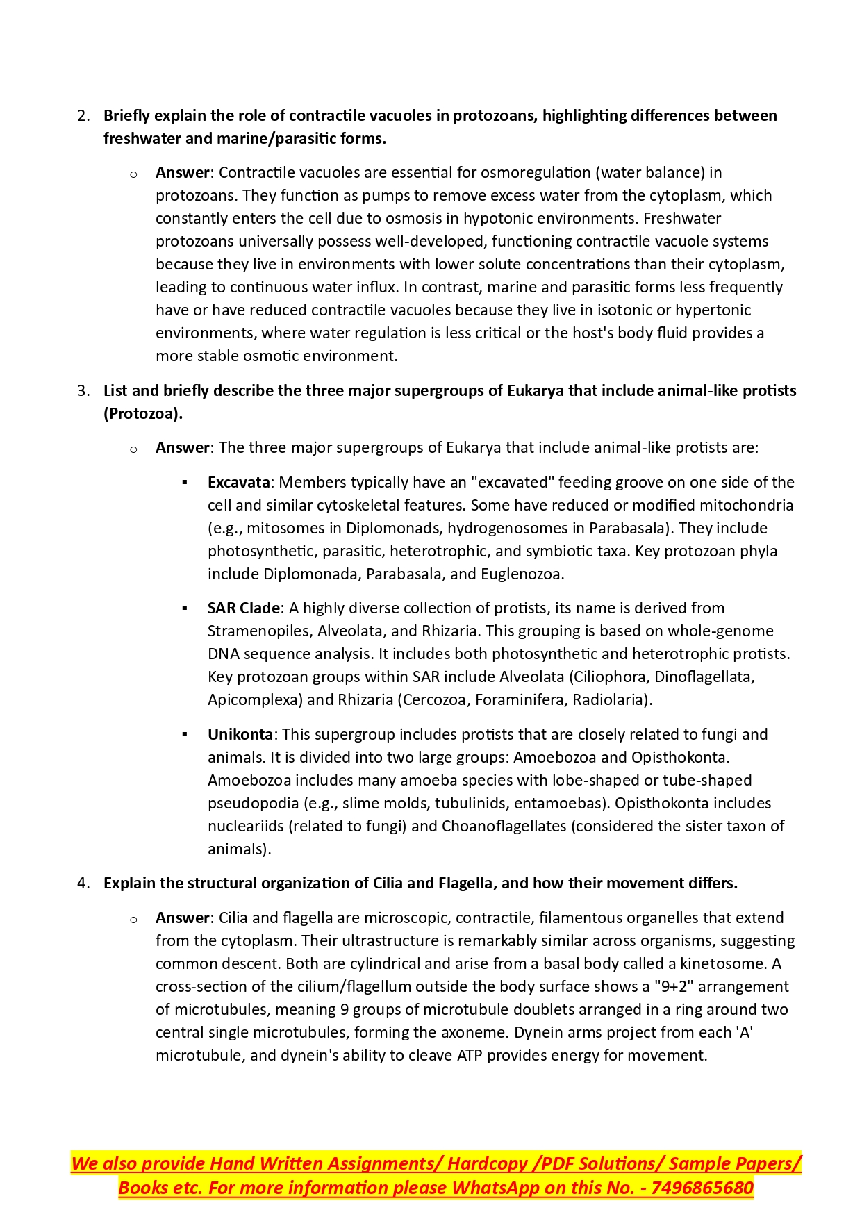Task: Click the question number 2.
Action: tap(82, 115)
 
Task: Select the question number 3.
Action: tap(82, 390)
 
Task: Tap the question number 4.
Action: tap(82, 883)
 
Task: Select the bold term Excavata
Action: tap(238, 482)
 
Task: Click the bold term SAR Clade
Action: tap(243, 608)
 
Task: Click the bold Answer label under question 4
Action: tap(182, 918)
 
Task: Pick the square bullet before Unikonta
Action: tap(185, 734)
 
